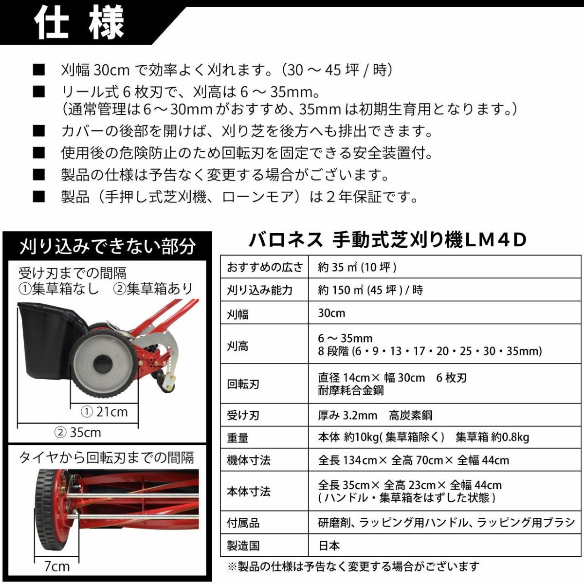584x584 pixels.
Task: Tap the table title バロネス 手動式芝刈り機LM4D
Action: click(x=388, y=240)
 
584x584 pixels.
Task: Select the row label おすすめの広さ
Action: click(x=265, y=267)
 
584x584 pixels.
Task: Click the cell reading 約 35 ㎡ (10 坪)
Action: click(x=357, y=267)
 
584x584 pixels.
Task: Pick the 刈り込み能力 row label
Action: click(x=259, y=290)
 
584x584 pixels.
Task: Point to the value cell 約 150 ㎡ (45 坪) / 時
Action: click(x=370, y=290)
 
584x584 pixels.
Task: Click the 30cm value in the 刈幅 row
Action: click(x=331, y=313)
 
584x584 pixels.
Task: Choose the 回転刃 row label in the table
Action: click(x=243, y=384)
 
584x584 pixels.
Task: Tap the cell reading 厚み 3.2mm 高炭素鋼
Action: click(x=375, y=415)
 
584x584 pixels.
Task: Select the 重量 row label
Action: click(x=237, y=438)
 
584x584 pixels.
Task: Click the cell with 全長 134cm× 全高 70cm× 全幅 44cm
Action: click(x=413, y=460)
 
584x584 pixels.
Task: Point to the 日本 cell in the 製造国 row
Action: click(x=329, y=546)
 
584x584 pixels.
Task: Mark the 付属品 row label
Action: click(x=243, y=523)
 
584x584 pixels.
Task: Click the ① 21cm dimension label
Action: click(x=104, y=412)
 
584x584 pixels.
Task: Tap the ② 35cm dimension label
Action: click(x=78, y=432)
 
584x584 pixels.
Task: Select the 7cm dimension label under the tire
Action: click(x=57, y=566)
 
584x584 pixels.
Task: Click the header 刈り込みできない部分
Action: click(x=108, y=246)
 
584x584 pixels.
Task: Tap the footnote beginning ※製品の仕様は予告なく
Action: click(x=353, y=566)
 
